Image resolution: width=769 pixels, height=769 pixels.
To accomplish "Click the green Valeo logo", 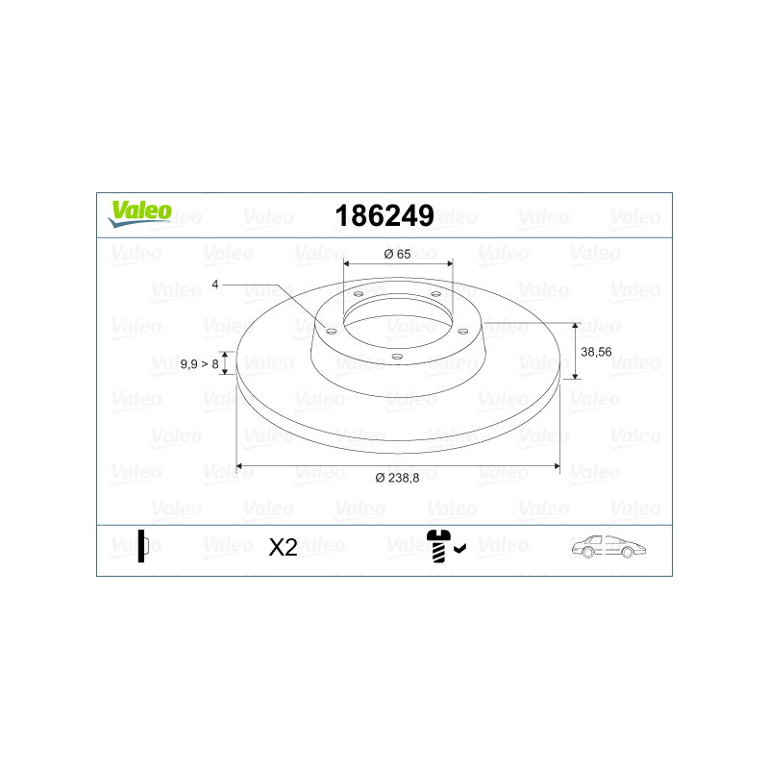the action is pyautogui.click(x=140, y=213).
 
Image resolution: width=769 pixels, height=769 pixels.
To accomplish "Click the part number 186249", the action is pyautogui.click(x=384, y=215).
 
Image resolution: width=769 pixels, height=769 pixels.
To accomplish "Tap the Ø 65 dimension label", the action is pyautogui.click(x=397, y=254).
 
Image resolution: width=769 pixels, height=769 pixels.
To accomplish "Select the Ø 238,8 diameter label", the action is pyautogui.click(x=397, y=478).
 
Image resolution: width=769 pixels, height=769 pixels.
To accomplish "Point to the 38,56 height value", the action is pyautogui.click(x=596, y=352).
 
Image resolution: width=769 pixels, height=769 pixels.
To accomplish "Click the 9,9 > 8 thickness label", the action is pyautogui.click(x=199, y=364).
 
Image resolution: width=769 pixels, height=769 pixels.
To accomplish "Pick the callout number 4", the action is pyautogui.click(x=214, y=285).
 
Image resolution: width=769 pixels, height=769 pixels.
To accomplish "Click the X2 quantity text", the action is pyautogui.click(x=283, y=547).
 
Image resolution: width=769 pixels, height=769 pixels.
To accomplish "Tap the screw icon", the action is pyautogui.click(x=437, y=545).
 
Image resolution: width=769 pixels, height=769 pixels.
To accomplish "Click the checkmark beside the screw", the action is pyautogui.click(x=459, y=549).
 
